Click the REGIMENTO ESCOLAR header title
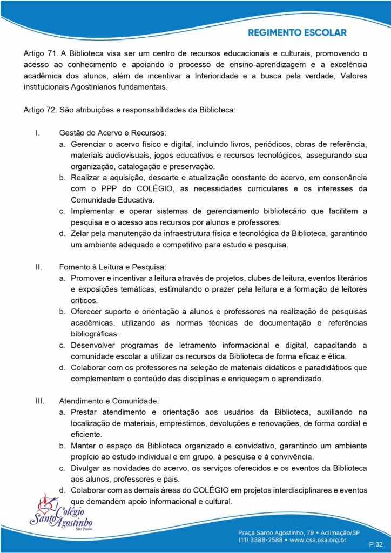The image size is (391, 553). [297, 33]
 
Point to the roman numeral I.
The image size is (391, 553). [37, 133]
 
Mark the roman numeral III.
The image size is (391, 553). [39, 401]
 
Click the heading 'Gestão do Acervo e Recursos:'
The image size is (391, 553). [112, 133]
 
